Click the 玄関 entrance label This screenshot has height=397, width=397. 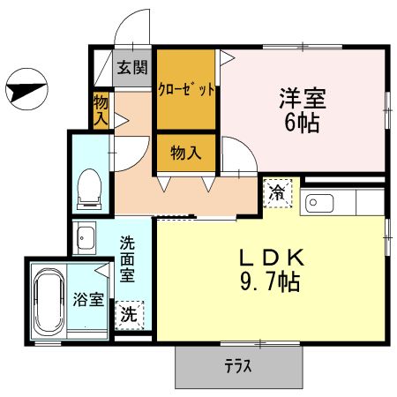click(x=134, y=68)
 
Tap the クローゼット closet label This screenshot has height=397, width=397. click(x=186, y=89)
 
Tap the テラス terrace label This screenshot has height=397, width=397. click(x=235, y=365)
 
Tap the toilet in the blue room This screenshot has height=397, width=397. click(x=89, y=188)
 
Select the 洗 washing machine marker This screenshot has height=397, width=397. click(x=129, y=313)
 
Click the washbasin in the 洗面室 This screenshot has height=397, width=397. click(x=86, y=238)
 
